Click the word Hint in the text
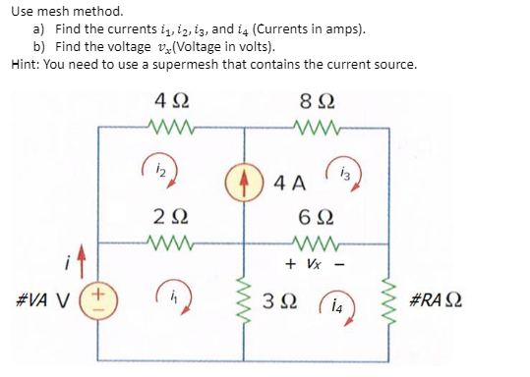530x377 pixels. pos(27,65)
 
